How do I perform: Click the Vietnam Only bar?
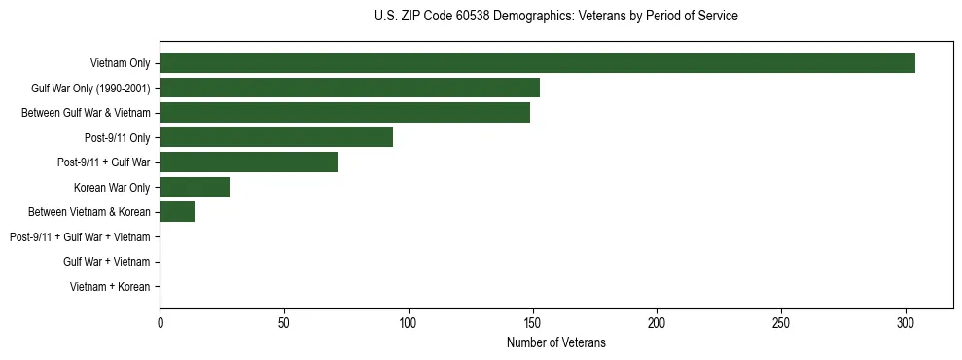pos(537,63)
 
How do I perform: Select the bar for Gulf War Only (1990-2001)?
pos(349,88)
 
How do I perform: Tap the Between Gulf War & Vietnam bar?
pos(344,113)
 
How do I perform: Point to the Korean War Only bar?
pos(195,187)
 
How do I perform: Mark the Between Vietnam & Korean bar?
pos(177,212)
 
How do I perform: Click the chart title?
pos(555,17)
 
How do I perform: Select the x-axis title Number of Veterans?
pos(555,342)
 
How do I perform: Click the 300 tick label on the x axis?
pos(906,322)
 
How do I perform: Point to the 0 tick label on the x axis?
pos(160,322)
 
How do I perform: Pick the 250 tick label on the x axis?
pos(781,322)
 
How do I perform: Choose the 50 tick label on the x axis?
pos(284,322)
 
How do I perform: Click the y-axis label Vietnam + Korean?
pos(110,287)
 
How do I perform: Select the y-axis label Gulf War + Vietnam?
pos(107,262)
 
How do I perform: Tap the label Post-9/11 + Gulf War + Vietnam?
pos(80,237)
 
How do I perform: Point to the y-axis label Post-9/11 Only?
pos(118,137)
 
